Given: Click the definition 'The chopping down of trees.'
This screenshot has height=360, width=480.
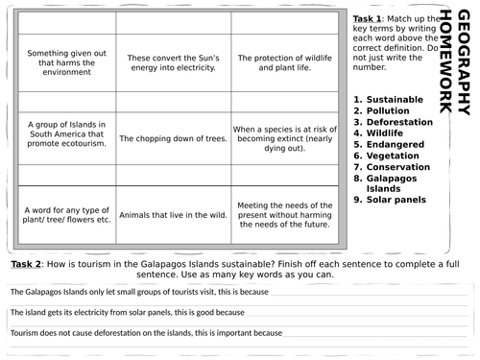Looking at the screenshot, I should [x=170, y=138].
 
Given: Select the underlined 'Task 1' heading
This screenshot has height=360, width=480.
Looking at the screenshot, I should [x=368, y=19].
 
